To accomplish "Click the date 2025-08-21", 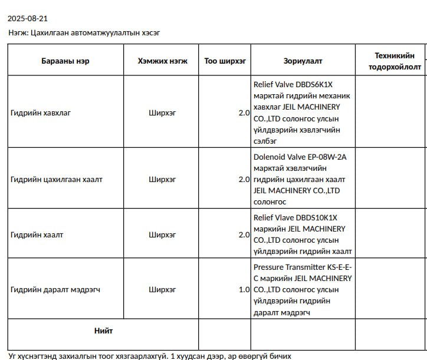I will point(28,19).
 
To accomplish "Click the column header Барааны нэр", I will point(65,61).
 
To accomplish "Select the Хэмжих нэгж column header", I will point(162,61).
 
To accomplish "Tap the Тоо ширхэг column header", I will point(225,61).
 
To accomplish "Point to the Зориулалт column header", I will point(303,61).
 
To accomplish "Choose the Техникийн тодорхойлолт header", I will point(395,61).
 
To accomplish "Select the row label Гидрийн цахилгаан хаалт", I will point(56,179).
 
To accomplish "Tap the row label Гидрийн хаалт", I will point(37,235).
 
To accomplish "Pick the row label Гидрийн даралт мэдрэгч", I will point(55,289).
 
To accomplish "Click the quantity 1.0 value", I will point(244,289).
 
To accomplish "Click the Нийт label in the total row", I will point(103,330).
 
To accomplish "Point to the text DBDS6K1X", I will point(317,84).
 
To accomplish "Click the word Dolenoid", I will point(269,157).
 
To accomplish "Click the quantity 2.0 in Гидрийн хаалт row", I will point(244,235).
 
